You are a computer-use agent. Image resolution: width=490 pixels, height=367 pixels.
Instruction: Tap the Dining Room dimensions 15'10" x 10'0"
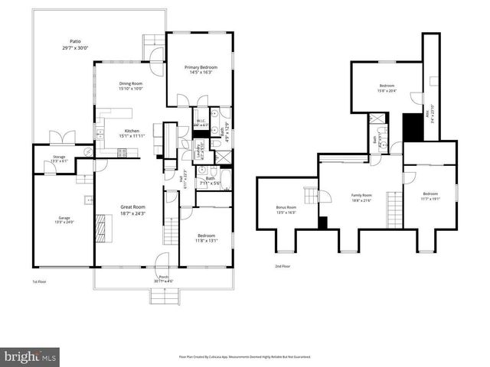130,89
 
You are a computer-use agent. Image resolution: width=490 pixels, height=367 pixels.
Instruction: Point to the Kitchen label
132,132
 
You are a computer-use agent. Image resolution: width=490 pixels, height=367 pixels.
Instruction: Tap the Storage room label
59,159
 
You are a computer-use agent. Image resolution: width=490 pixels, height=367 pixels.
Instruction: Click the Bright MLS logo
31,356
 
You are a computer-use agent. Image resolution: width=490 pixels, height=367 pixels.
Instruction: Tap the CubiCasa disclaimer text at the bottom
244,356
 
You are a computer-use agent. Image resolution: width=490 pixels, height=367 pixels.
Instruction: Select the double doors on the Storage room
61,138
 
